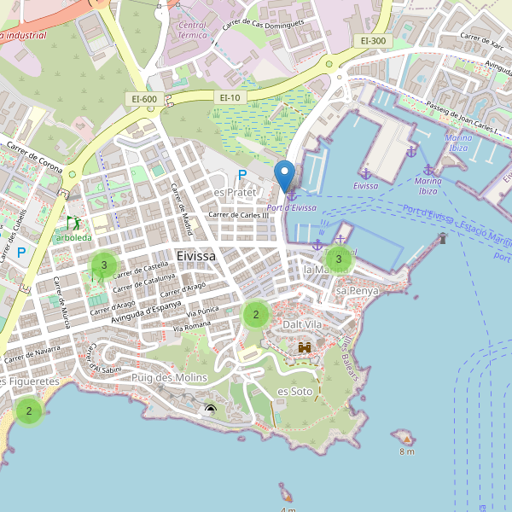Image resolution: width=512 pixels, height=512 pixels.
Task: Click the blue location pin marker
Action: click(x=285, y=176)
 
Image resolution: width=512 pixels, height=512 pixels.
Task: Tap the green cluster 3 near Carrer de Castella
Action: click(x=104, y=265)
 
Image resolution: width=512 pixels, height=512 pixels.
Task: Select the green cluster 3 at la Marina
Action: click(x=339, y=259)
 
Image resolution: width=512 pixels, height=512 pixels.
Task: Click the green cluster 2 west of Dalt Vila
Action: click(x=255, y=315)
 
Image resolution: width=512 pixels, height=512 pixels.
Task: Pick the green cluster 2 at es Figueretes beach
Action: click(x=29, y=411)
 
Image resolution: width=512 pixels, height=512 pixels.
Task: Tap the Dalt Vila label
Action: click(x=303, y=324)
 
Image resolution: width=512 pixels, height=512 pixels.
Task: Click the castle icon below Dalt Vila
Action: click(x=305, y=347)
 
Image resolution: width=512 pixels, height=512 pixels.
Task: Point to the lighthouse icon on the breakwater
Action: click(x=442, y=238)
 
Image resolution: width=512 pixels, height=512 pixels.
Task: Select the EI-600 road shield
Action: click(x=144, y=99)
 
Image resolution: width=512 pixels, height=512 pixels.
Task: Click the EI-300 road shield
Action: click(x=373, y=40)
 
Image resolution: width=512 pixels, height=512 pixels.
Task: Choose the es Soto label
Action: click(x=295, y=391)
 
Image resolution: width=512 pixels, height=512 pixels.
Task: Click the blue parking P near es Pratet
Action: click(x=242, y=175)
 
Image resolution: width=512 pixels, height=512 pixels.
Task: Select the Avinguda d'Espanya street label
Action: click(x=167, y=308)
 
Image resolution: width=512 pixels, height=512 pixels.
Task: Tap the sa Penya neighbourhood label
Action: click(x=357, y=291)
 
